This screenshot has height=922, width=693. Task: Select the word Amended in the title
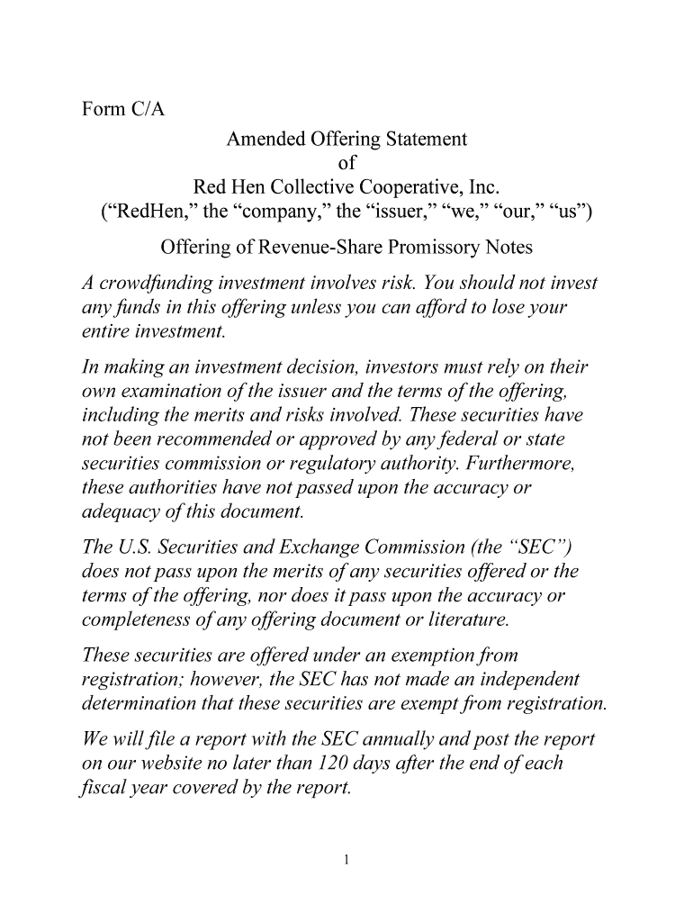pos(262,140)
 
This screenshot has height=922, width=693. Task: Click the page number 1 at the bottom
pos(346,859)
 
